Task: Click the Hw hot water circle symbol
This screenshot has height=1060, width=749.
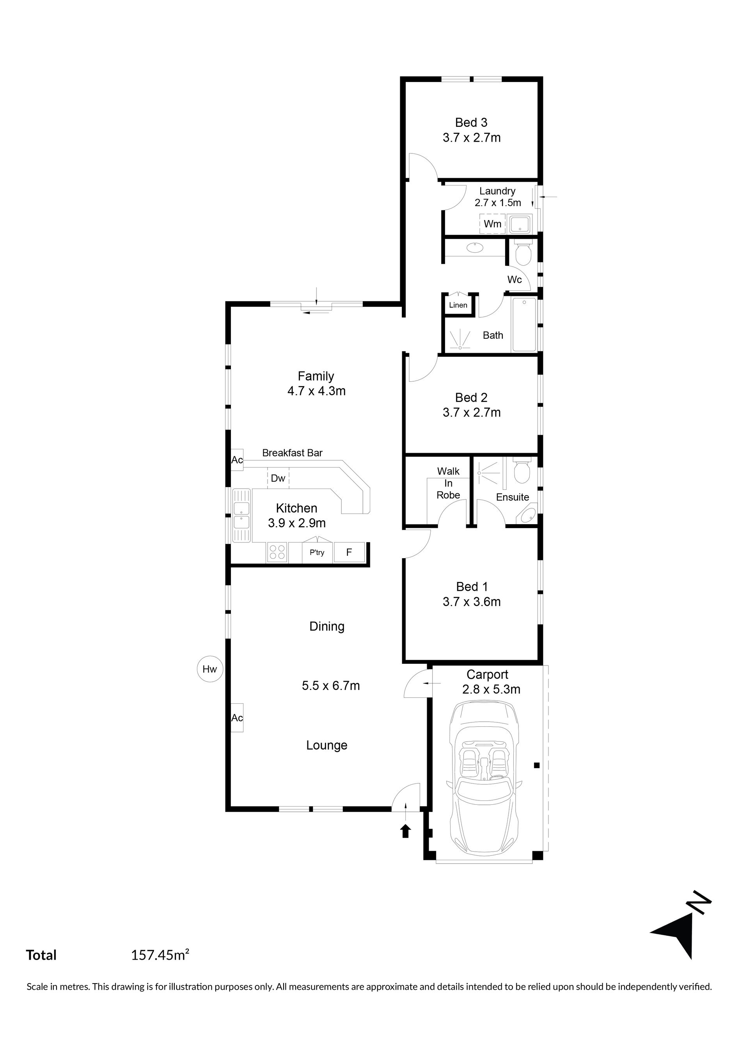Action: point(209,669)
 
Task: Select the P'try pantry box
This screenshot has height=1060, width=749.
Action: point(317,552)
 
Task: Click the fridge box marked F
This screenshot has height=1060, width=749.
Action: point(349,552)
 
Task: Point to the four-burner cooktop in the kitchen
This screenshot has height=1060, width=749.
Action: point(277,552)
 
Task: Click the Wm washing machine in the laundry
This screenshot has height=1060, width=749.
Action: point(492,224)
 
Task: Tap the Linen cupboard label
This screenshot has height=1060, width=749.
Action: point(458,305)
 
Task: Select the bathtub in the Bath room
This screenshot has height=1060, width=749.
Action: point(524,325)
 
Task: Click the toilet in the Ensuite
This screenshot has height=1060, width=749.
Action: point(522,470)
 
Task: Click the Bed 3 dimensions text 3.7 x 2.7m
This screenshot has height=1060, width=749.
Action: point(472,138)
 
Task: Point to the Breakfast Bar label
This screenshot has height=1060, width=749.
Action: point(292,453)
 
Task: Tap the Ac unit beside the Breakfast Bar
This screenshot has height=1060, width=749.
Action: point(237,460)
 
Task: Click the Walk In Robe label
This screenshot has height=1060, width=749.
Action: point(449,483)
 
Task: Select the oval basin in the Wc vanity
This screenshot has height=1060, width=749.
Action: point(475,248)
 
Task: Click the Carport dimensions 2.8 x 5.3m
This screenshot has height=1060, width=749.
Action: point(492,689)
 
